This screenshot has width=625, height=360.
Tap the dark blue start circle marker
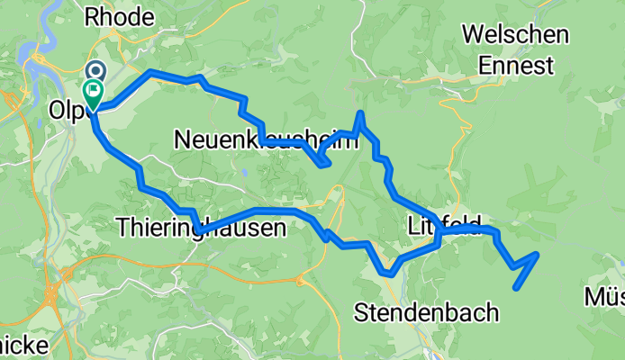[95, 69]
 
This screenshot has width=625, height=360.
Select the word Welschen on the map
[514, 35]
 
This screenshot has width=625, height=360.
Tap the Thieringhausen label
[201, 229]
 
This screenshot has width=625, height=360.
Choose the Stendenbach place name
[426, 313]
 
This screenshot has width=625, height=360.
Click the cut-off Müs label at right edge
[604, 297]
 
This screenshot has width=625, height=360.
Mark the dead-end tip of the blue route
[515, 288]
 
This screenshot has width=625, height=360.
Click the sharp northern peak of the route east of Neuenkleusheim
[360, 113]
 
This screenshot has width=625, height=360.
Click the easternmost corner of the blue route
[538, 255]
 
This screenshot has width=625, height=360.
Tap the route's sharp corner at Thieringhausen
[197, 231]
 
